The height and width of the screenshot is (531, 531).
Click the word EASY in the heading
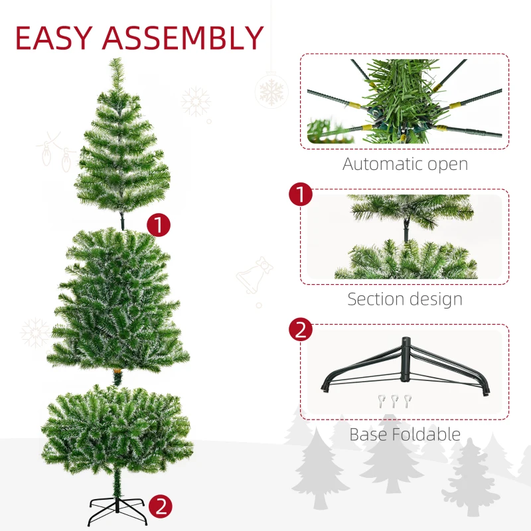[x=54, y=38]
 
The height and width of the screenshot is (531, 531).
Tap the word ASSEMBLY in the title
[x=182, y=38]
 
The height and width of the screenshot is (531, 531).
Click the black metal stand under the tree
[x=117, y=511]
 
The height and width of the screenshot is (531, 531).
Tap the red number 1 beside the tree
[x=159, y=224]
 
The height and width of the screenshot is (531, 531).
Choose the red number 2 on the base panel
[x=301, y=330]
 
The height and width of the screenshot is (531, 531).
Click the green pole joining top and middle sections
[x=123, y=220]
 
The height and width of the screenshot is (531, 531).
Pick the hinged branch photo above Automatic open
[x=404, y=101]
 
